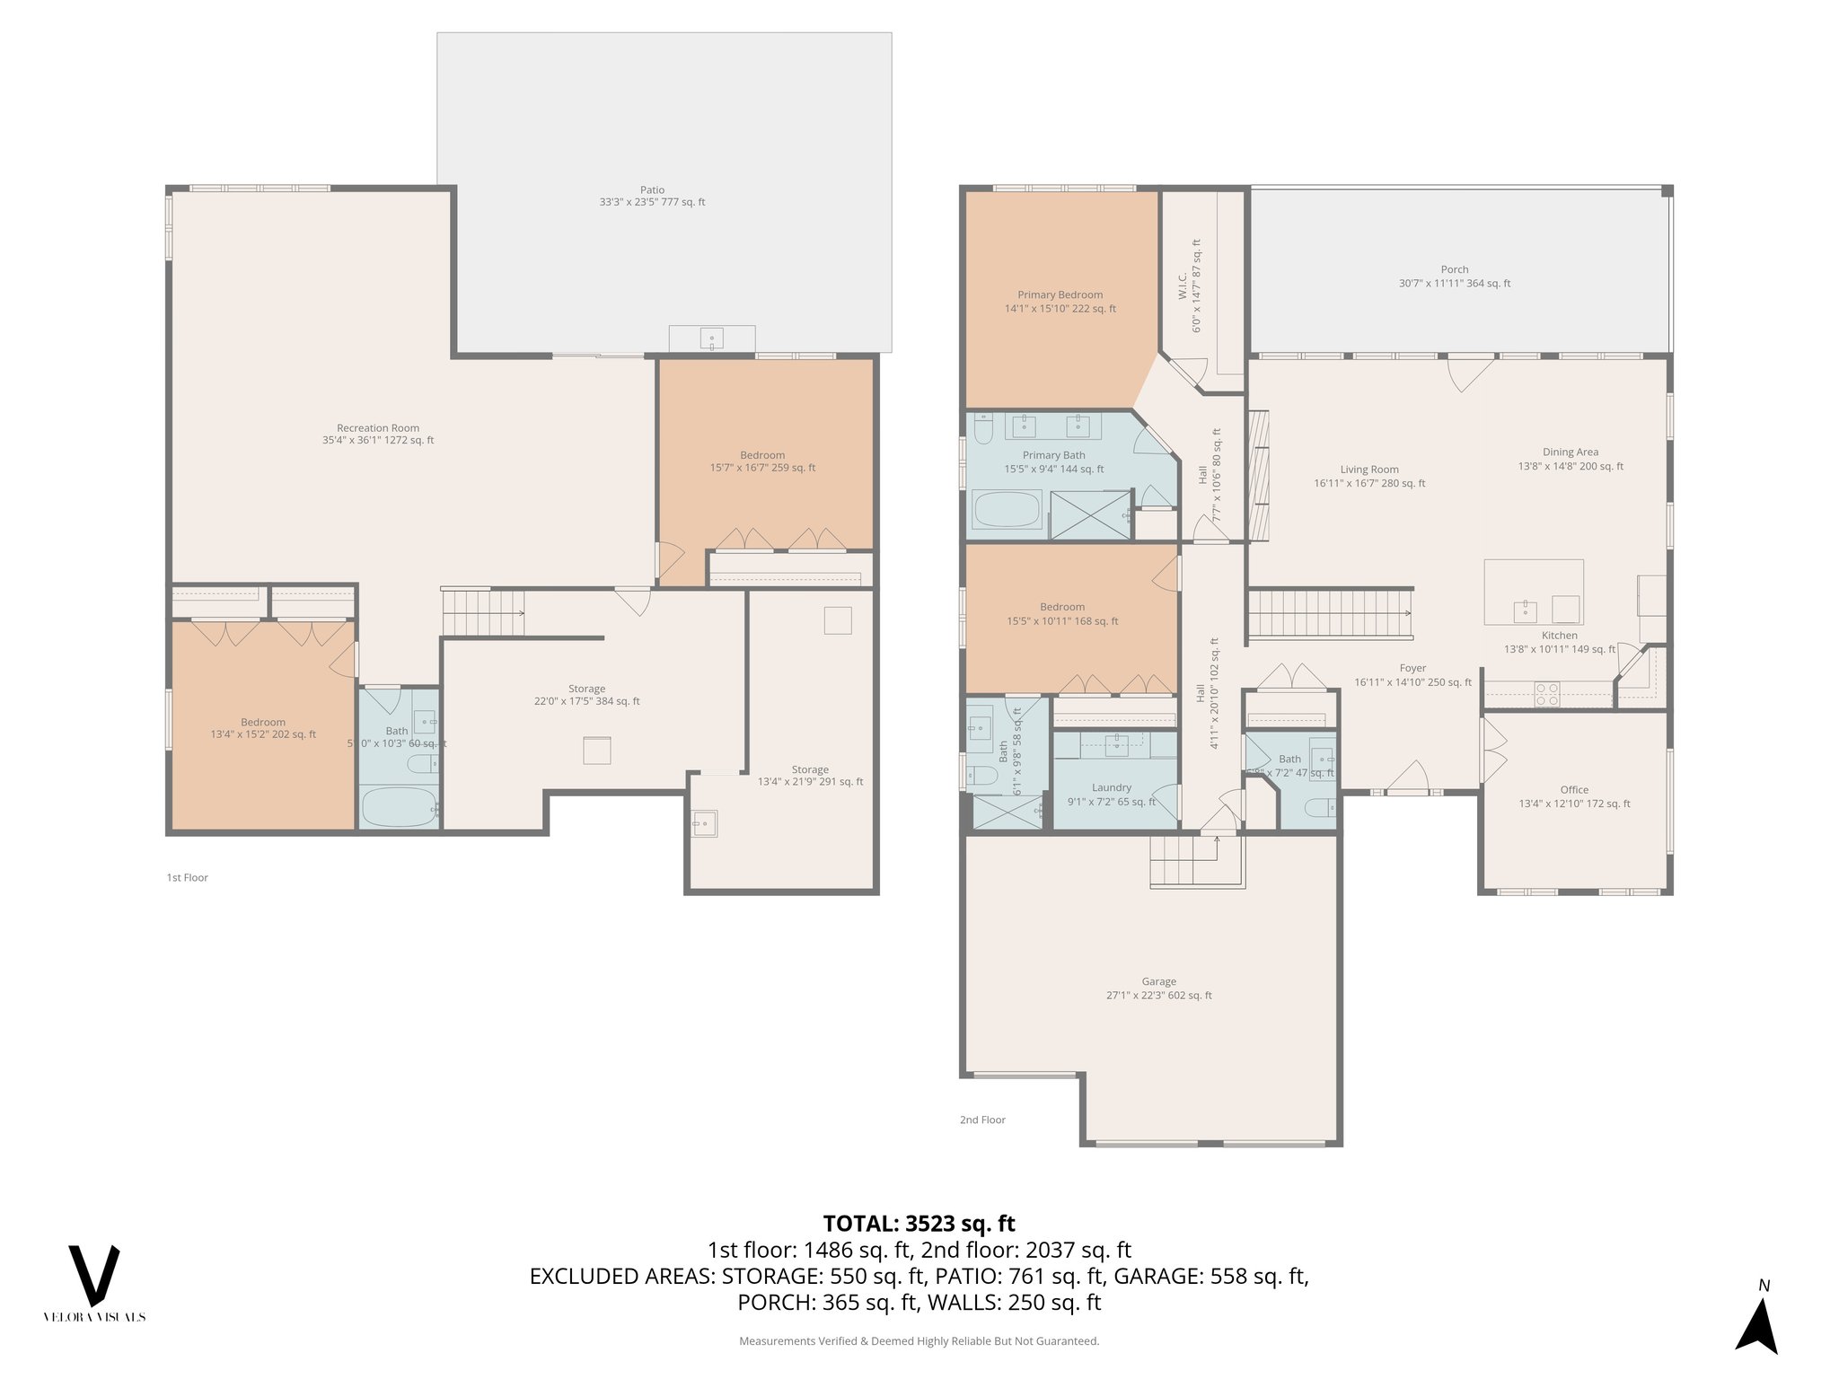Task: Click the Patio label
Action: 653,196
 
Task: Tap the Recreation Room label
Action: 378,434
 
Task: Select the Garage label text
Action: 1158,988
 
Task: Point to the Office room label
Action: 1573,796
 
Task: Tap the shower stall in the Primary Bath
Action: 1090,514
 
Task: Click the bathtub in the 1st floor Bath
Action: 399,806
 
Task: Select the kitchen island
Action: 1534,592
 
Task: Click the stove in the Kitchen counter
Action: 1546,693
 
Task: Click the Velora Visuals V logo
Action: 94,1276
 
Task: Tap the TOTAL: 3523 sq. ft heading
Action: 919,1224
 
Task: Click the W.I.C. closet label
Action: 1190,286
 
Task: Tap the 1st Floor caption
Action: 187,877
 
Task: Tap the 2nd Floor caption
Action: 982,1120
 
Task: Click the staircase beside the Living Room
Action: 1330,612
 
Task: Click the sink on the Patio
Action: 711,339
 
